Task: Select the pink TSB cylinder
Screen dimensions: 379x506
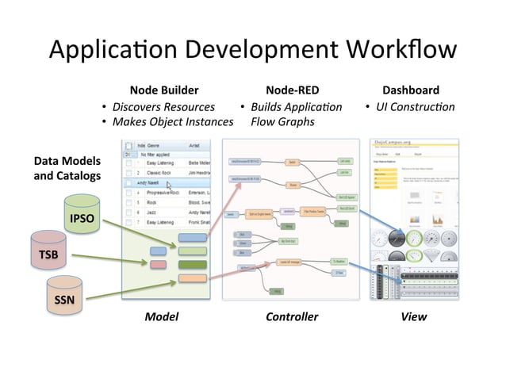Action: [x=48, y=255]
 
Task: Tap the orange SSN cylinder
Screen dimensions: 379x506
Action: [x=65, y=301]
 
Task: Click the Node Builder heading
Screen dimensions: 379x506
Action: [x=164, y=90]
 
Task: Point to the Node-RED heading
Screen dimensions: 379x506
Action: [x=292, y=90]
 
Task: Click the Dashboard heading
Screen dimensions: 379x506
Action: [x=410, y=90]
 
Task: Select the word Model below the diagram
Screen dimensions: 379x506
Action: [x=161, y=316]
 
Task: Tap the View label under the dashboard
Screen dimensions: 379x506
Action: [x=413, y=316]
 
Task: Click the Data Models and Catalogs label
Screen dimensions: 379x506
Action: [x=67, y=168]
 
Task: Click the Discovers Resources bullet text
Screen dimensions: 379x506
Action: [x=163, y=107]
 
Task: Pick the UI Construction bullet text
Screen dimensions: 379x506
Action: [x=415, y=107]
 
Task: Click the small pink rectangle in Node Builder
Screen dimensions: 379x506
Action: [x=158, y=263]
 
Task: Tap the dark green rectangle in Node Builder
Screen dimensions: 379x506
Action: [x=192, y=264]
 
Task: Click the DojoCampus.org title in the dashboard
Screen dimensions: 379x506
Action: [x=394, y=142]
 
